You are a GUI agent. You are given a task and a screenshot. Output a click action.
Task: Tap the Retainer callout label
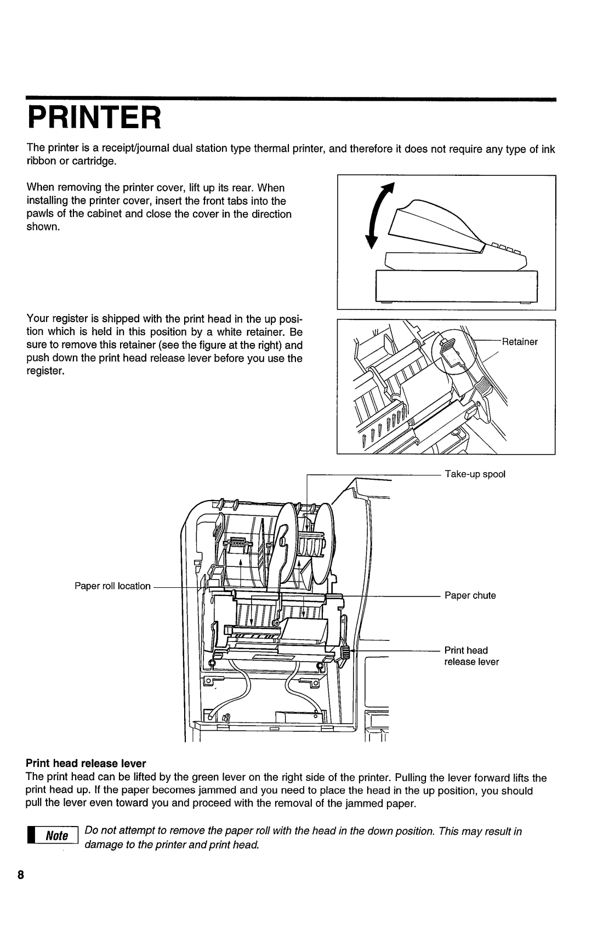click(520, 342)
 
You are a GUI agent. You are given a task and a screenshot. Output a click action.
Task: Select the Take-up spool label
click(475, 474)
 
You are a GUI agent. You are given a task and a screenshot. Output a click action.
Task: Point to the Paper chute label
click(470, 595)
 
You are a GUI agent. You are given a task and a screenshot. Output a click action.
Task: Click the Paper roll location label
click(112, 586)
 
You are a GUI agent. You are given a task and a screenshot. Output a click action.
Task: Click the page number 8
click(20, 875)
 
